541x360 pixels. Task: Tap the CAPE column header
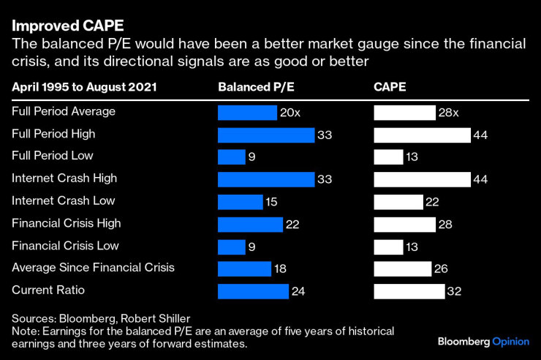[x=390, y=87]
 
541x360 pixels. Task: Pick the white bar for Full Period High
[x=422, y=135]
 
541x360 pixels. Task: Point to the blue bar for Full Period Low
[x=232, y=157]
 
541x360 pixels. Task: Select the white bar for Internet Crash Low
[x=398, y=201]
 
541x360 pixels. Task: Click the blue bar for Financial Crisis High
[x=250, y=224]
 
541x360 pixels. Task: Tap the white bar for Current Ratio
[x=409, y=291]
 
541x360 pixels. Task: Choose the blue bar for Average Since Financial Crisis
[x=244, y=269]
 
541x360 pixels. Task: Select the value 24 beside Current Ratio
[x=298, y=291]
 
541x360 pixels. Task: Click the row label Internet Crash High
[x=64, y=178]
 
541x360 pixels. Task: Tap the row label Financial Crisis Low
[x=65, y=245]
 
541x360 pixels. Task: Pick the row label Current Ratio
[x=48, y=290]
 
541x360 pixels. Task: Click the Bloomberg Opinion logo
[x=483, y=342]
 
